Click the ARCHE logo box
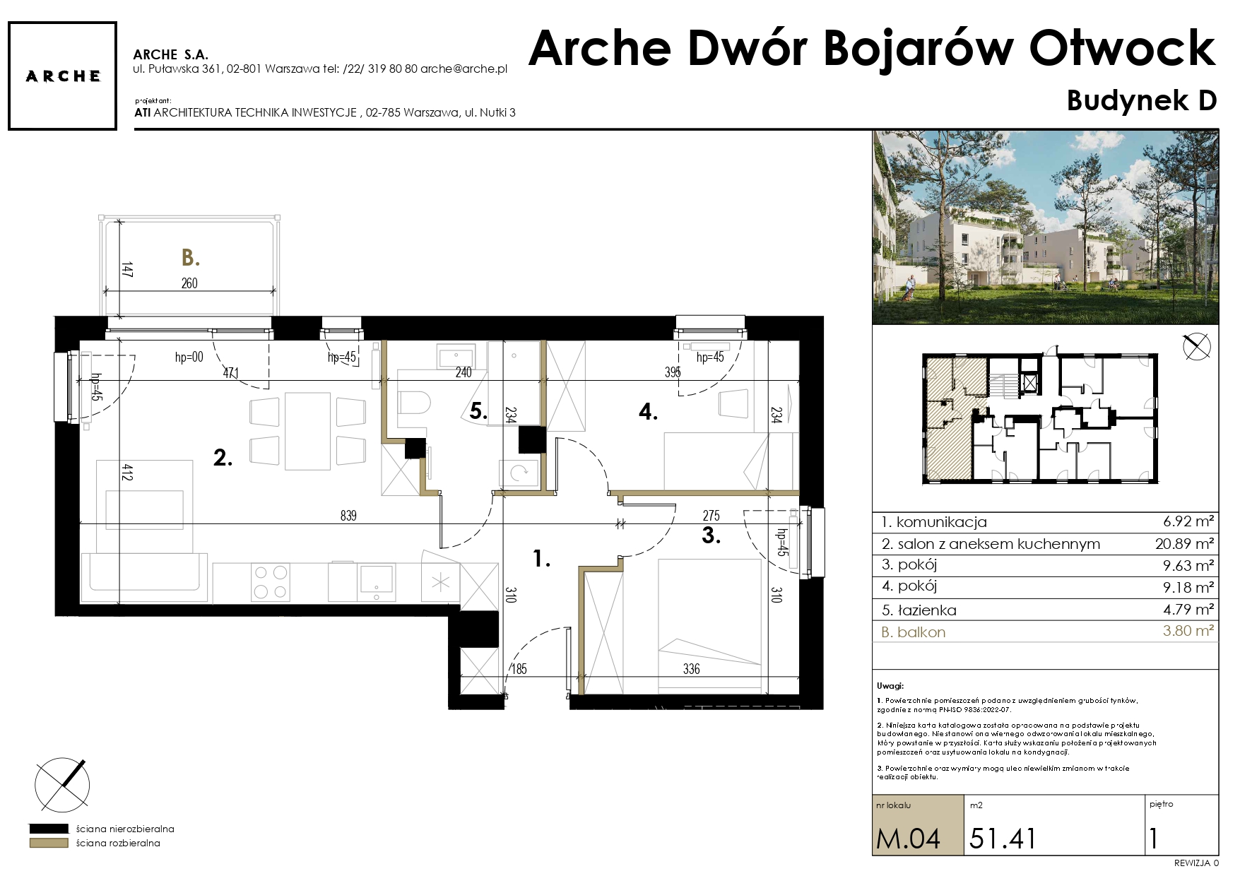[61, 76]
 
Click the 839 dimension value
[348, 516]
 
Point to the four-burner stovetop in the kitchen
[271, 582]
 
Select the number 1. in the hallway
[541, 560]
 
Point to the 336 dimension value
[691, 668]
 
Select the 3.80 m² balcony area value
[1188, 631]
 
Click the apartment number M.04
[909, 839]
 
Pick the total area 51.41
[1003, 839]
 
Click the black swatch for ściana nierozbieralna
[48, 829]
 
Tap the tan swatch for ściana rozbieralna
[48, 843]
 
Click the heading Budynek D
[1142, 101]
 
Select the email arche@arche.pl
[463, 69]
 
